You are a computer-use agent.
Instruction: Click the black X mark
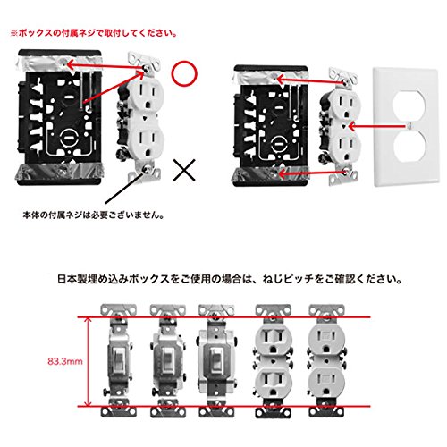184,170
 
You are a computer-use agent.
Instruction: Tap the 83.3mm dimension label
65,361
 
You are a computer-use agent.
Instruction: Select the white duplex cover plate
407,128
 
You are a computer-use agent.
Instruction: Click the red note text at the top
94,33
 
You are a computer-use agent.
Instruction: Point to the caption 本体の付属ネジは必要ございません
93,215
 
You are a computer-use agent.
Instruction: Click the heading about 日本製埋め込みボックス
230,279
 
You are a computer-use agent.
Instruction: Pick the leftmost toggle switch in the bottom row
119,360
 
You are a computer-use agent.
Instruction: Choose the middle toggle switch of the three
168,360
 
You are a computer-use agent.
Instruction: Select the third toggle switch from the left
216,360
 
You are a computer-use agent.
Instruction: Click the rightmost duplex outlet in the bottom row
326,360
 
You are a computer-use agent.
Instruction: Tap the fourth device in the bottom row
274,360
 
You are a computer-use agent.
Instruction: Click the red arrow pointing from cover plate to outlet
378,127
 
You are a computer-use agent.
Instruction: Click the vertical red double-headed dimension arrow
88,362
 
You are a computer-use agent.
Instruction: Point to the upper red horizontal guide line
224,317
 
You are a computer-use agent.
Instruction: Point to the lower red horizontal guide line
224,406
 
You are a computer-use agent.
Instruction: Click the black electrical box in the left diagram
60,118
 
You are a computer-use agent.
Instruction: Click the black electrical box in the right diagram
271,125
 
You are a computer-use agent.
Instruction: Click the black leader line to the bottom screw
125,188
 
